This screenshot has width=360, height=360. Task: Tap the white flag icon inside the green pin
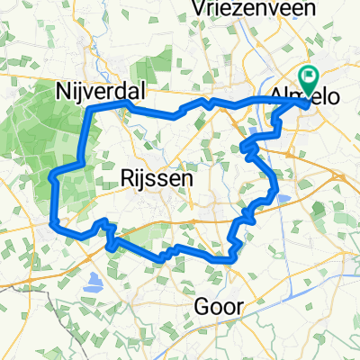[311, 77]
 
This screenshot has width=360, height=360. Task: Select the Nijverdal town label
[95, 91]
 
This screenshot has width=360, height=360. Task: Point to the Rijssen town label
[155, 180]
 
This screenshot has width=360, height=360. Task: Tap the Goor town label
[219, 306]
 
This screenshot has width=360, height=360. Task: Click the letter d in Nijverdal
[117, 91]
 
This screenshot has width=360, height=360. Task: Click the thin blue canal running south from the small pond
[289, 234]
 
